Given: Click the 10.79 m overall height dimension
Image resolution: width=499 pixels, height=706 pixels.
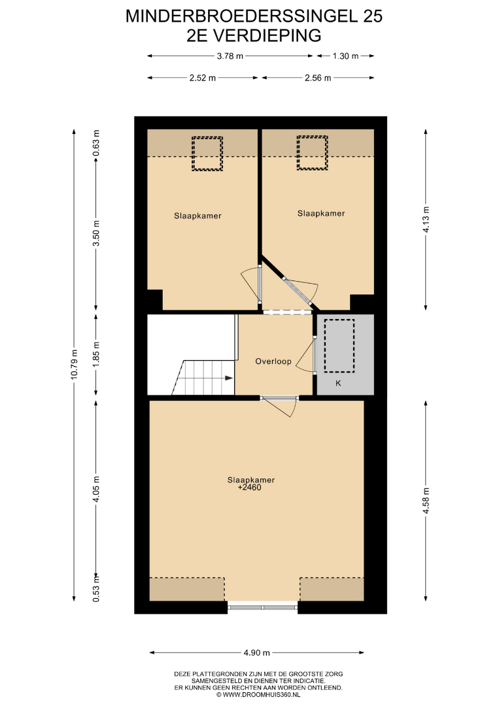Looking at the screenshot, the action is (75, 364).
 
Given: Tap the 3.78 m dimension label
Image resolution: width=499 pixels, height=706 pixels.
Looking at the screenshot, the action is (230, 56).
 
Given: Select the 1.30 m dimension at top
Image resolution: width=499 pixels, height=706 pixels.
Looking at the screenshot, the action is (345, 56).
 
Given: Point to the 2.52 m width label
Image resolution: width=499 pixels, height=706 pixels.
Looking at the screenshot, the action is (203, 78).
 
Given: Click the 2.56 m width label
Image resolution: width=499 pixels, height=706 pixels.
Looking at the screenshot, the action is (318, 78).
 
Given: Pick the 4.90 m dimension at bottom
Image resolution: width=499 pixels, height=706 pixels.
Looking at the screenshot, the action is (257, 652).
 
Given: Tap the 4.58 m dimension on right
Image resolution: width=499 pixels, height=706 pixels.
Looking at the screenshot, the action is (426, 500).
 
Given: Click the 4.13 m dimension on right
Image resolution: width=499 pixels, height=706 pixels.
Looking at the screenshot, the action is (426, 219).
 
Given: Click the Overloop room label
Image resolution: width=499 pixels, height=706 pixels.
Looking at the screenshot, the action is (273, 361).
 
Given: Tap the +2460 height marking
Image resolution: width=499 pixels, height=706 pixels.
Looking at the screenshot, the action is (250, 487).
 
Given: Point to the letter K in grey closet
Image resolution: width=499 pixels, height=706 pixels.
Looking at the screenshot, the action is (338, 383).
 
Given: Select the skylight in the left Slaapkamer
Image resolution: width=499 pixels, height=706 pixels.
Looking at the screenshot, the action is (207, 154).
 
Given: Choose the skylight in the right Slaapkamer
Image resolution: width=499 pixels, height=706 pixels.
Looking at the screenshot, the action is (312, 152).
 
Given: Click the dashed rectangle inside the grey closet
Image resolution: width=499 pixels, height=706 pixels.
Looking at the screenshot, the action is (339, 346).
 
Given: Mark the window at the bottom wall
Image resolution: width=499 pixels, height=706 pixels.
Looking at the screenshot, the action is (262, 607).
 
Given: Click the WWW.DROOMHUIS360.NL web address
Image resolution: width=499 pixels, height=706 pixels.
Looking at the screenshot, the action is (258, 695).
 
